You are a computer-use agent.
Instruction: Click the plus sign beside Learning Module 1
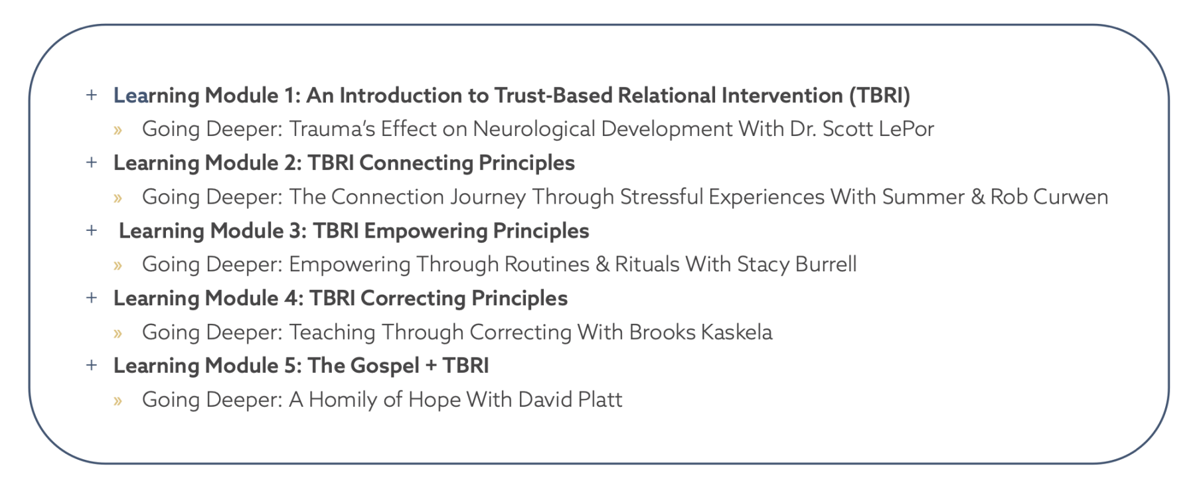pos(92,95)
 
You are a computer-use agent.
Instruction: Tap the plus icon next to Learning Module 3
pos(92,230)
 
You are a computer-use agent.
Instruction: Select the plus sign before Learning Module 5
pos(92,365)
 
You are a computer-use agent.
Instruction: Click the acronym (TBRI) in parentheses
pos(880,96)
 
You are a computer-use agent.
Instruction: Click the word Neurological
pos(534,129)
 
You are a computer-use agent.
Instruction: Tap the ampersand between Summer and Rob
pos(977,196)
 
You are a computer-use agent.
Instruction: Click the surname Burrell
pos(826,264)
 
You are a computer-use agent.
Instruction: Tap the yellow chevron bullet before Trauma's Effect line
pos(118,130)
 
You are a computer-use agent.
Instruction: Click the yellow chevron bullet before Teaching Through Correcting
pos(118,333)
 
